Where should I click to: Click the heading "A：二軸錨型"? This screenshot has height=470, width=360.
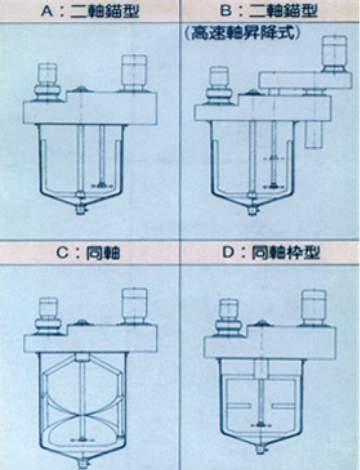90,11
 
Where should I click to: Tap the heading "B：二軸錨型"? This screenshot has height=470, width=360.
269,11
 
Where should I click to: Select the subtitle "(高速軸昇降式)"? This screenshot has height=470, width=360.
243,33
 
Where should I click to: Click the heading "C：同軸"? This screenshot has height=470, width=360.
88,253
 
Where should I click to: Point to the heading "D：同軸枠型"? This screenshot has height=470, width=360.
271,253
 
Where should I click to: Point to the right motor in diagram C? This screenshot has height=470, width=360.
134,306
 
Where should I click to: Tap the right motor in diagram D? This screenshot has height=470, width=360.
314,308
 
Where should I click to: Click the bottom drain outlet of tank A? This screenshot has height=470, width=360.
80,210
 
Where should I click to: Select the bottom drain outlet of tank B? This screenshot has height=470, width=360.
253,210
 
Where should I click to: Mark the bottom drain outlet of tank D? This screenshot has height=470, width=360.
262,450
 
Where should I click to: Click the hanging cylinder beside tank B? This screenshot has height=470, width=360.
315,134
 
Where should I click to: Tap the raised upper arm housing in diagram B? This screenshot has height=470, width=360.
305,80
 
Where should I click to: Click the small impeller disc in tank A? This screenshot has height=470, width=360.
102,184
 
